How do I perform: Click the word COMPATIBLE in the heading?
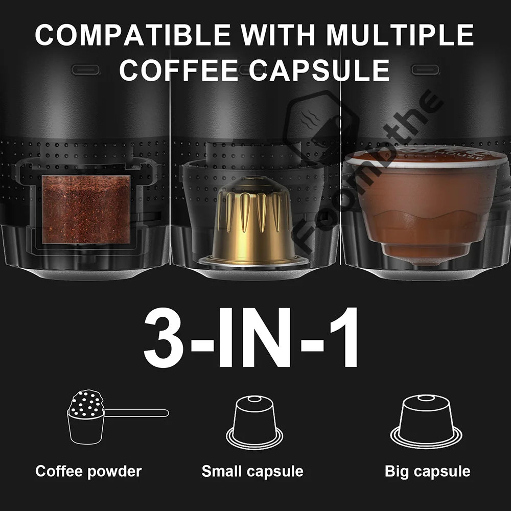pyautogui.click(x=133, y=35)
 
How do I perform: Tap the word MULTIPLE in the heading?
pyautogui.click(x=400, y=35)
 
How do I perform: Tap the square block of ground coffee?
pyautogui.click(x=86, y=210)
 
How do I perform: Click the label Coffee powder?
pyautogui.click(x=88, y=471)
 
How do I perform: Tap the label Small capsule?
pyautogui.click(x=252, y=471)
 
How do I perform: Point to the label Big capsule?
pyautogui.click(x=427, y=471)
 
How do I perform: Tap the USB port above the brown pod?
pyautogui.click(x=426, y=69)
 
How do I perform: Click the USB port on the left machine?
pyautogui.click(x=85, y=69)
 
